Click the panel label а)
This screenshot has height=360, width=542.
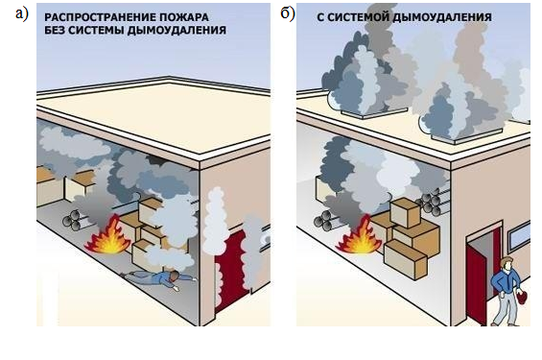(x=21, y=14)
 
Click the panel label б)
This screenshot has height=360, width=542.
(x=288, y=14)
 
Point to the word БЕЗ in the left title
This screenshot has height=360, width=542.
(x=54, y=30)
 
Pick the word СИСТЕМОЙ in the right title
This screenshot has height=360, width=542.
(x=359, y=17)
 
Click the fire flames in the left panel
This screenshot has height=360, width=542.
(x=108, y=237)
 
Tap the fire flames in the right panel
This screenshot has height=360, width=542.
(x=360, y=238)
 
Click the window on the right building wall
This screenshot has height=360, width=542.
(x=519, y=237)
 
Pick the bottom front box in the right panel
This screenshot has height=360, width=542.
(x=406, y=259)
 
